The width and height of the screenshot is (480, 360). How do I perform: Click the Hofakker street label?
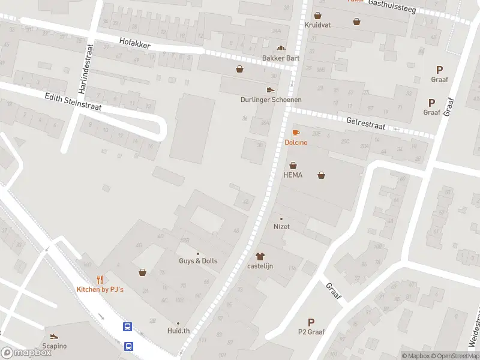click(x=134, y=44)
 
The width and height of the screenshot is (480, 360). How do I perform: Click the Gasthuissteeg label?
click(x=388, y=3)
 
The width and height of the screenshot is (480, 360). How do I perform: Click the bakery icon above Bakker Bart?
click(x=280, y=48)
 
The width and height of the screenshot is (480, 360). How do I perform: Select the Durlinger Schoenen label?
click(x=271, y=100)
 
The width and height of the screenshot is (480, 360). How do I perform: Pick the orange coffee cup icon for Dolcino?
click(x=295, y=133)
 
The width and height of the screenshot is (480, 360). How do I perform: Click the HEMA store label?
click(x=293, y=175)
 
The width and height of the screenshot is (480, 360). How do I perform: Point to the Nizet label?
click(x=281, y=227)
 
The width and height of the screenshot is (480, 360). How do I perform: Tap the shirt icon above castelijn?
click(x=260, y=256)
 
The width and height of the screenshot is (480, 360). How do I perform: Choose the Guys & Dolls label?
click(x=198, y=261)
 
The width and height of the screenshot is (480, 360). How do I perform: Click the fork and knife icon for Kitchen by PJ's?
click(x=100, y=280)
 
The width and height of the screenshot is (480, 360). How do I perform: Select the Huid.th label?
click(x=178, y=331)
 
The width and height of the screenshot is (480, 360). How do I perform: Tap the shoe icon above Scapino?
click(x=54, y=337)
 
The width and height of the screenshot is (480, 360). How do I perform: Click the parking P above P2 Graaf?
click(x=311, y=322)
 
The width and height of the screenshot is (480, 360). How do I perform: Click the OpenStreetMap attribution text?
click(x=454, y=356)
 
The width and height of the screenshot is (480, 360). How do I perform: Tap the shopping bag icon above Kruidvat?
click(x=317, y=16)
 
